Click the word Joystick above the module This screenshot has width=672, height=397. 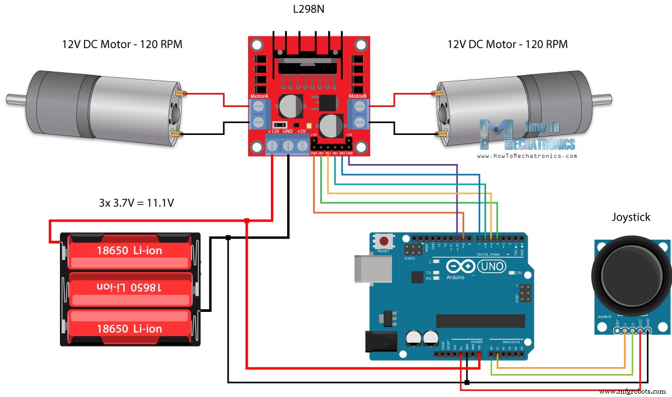click(x=631, y=217)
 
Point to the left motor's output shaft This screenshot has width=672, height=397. click(x=16, y=99)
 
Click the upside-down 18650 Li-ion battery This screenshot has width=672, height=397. click(x=129, y=287)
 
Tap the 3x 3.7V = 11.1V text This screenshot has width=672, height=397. click(x=136, y=203)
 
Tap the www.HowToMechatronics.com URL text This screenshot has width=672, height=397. click(x=527, y=156)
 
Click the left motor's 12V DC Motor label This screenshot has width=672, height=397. click(x=122, y=44)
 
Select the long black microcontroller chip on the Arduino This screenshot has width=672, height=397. click(x=480, y=320)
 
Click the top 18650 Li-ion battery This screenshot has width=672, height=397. click(x=129, y=250)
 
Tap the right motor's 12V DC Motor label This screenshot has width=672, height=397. click(x=507, y=44)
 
